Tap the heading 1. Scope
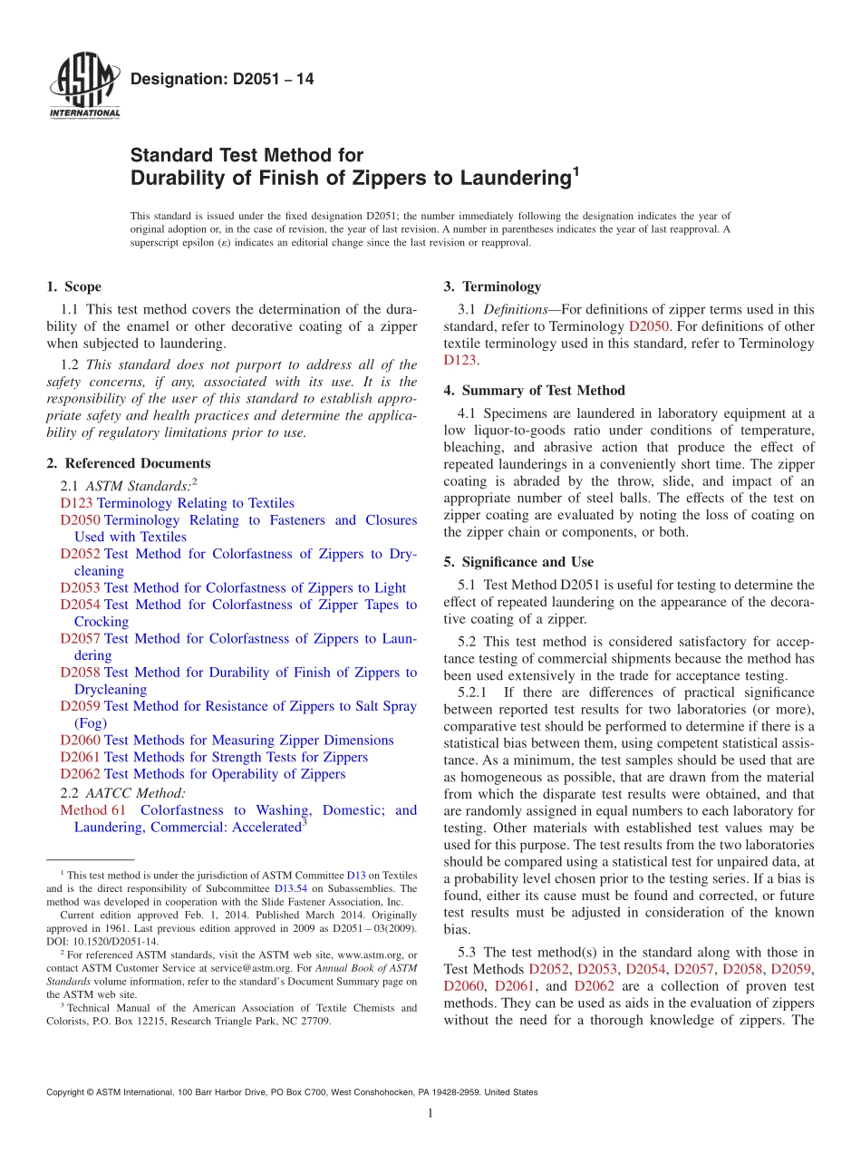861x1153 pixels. click(73, 287)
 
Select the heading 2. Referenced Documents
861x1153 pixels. click(128, 463)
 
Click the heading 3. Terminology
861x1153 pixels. click(492, 287)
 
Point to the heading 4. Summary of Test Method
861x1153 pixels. click(534, 391)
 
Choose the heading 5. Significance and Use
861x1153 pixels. click(531, 562)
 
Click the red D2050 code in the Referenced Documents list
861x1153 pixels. click(81, 520)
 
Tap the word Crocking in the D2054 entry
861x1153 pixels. click(102, 622)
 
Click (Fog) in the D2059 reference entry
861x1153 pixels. click(91, 723)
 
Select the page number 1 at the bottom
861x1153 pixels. click(430, 1114)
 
